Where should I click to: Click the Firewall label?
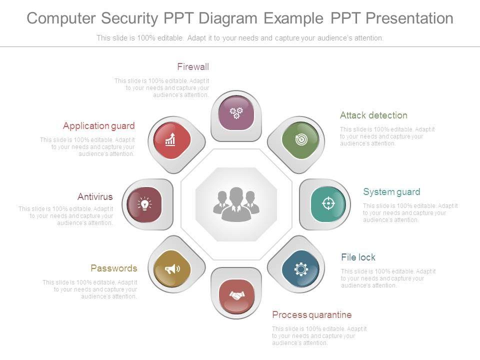pyautogui.click(x=193, y=67)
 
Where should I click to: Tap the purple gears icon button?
pyautogui.click(x=236, y=112)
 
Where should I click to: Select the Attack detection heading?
pyautogui.click(x=373, y=115)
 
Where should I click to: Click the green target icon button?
pyautogui.click(x=300, y=140)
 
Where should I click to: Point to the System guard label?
pyautogui.click(x=391, y=192)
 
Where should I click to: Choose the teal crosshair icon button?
pyautogui.click(x=328, y=203)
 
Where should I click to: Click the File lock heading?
pyautogui.click(x=358, y=257)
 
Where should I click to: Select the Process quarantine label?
pyautogui.click(x=311, y=315)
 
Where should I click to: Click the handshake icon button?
pyautogui.click(x=236, y=296)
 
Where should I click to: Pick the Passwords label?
pyautogui.click(x=114, y=268)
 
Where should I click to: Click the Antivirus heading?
pyautogui.click(x=95, y=197)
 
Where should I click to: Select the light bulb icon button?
pyautogui.click(x=144, y=203)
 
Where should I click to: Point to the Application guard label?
pyautogui.click(x=99, y=126)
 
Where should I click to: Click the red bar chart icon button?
pyautogui.click(x=171, y=140)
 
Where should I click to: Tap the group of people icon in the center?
pyautogui.click(x=236, y=204)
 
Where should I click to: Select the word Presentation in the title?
pyautogui.click(x=409, y=18)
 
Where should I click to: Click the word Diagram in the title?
pyautogui.click(x=228, y=18)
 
